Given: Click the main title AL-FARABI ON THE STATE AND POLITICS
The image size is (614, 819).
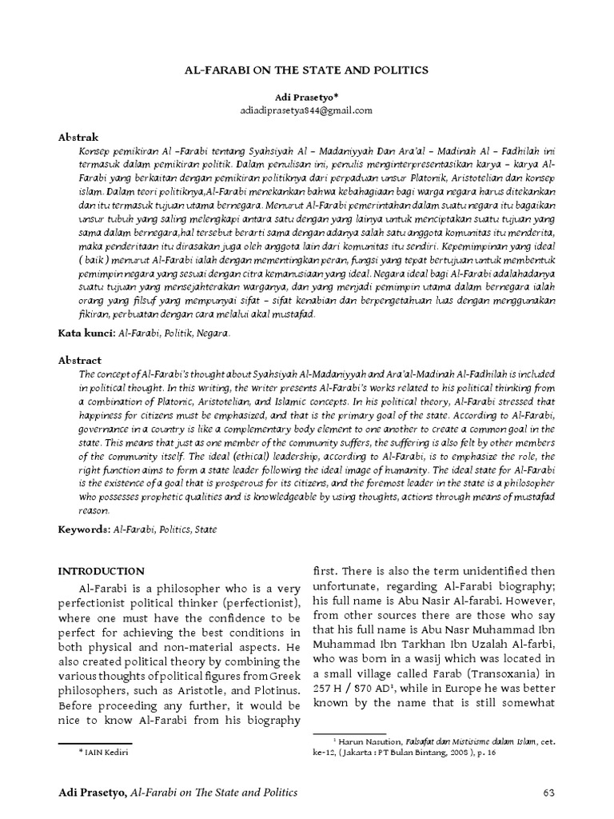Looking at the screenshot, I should pyautogui.click(x=307, y=70).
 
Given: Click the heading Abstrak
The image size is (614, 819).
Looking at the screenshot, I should pyautogui.click(x=78, y=138).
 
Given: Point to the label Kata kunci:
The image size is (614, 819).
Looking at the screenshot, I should pyautogui.click(x=87, y=332).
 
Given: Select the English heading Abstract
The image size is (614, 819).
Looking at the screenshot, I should pyautogui.click(x=80, y=360).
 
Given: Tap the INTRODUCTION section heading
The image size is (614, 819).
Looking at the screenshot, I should pyautogui.click(x=102, y=571).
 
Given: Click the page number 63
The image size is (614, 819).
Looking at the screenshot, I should pyautogui.click(x=548, y=793).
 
